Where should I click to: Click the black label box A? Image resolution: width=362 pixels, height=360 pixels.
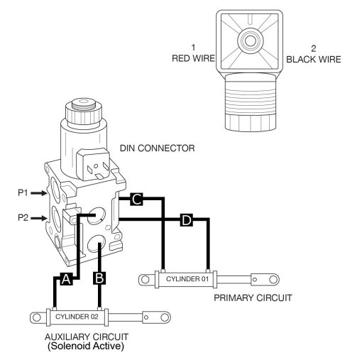[66, 279]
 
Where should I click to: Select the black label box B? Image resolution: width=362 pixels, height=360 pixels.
[100, 279]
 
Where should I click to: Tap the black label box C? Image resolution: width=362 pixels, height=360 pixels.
[136, 201]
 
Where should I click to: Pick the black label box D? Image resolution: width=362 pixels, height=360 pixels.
[186, 221]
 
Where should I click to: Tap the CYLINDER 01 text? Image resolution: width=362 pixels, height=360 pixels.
[184, 278]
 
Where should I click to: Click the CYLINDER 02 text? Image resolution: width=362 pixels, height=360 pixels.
[76, 316]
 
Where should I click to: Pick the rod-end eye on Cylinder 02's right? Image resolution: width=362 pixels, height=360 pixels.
[161, 316]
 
